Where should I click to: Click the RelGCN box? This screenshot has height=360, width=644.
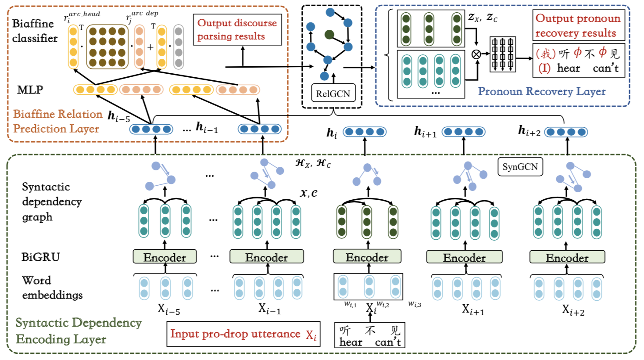pos(333,94)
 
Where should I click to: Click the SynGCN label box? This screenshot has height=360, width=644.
pos(520,167)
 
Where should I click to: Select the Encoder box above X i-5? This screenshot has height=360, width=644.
pos(165,257)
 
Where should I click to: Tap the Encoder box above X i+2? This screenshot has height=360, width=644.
pos(567,257)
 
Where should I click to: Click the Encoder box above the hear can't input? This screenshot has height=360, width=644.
pos(367,257)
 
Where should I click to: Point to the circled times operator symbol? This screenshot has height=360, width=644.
pos(476,54)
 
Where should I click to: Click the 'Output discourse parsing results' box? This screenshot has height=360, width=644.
pos(237,29)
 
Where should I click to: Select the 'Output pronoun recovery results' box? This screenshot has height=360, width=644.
pos(578,25)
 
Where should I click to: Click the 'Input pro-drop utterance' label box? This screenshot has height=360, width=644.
pos(243,334)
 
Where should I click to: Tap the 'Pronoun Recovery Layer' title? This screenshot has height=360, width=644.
pos(541,91)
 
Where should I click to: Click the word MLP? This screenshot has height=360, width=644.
pos(30,90)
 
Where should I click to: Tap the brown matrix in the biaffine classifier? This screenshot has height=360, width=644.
pos(107,47)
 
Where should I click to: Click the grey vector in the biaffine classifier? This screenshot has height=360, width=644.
pos(179,47)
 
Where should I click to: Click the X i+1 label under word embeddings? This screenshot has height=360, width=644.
pos(473,310)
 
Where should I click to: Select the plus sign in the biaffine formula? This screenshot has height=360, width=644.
pos(150,47)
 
